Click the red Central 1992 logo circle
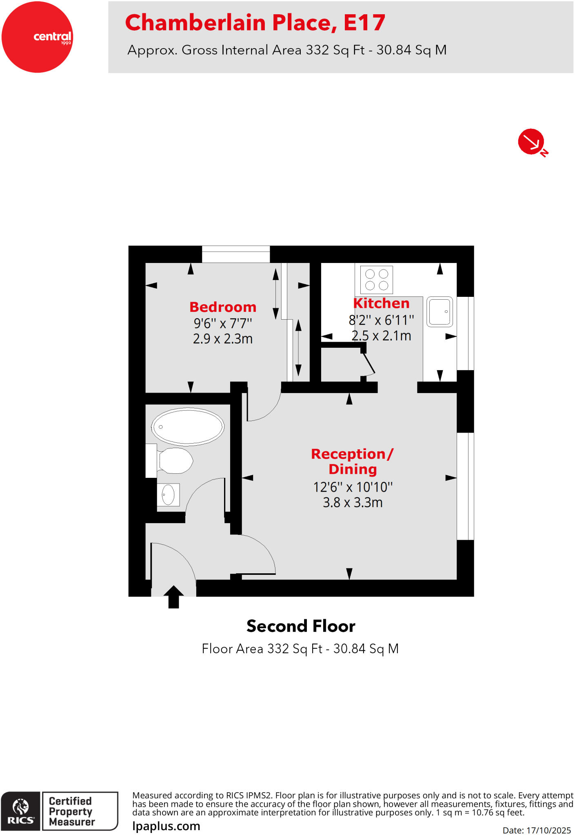(37, 37)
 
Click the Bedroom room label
(223, 307)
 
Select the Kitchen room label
(381, 303)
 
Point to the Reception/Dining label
(352, 461)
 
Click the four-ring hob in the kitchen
(377, 280)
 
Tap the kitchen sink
(440, 312)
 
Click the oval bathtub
(188, 426)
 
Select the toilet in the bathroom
(175, 460)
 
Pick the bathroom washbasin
(168, 495)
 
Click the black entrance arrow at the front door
(174, 597)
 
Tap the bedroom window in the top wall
(236, 254)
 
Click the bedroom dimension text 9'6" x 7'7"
(223, 323)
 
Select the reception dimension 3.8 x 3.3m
(353, 502)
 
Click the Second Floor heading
(301, 626)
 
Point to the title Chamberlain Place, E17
(255, 22)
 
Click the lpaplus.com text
(166, 826)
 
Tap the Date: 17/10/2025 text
(536, 830)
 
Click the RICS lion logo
(21, 811)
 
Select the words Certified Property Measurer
(72, 811)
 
